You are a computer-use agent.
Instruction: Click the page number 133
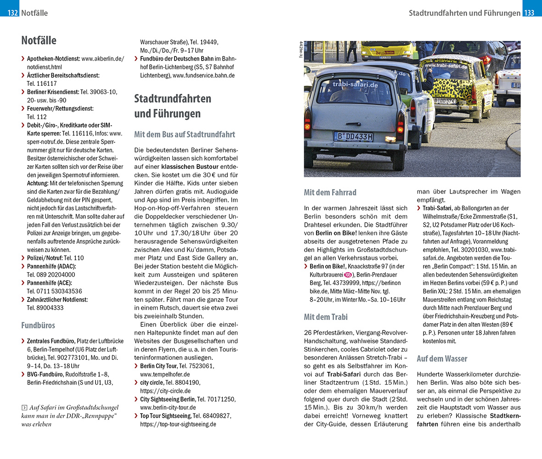coord(530,13)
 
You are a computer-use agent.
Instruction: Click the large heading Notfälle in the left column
coord(39,40)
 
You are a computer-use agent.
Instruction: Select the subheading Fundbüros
coord(38,325)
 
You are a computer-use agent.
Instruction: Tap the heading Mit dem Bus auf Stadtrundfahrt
coord(185,134)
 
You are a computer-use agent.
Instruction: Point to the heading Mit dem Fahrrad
coord(330,192)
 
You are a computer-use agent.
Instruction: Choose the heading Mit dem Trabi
coord(326,317)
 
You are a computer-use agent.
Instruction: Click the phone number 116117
coord(42,84)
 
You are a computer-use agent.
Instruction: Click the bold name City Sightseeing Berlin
coord(168,399)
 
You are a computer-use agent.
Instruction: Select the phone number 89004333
coord(45,308)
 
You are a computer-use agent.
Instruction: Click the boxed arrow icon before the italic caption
coord(24,408)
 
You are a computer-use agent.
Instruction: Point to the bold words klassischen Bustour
coord(190,167)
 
